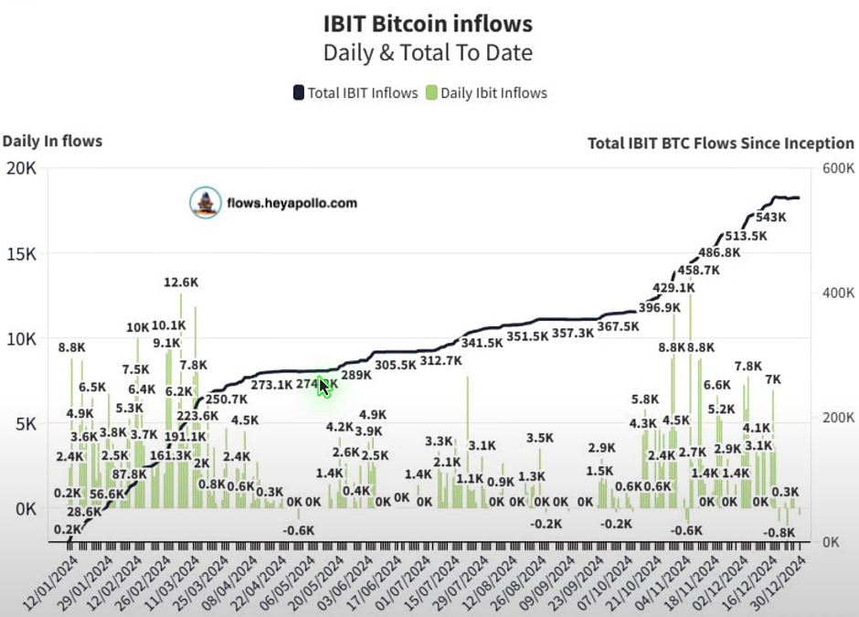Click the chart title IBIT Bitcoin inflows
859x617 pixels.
tap(428, 23)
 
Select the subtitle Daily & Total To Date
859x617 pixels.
tap(428, 52)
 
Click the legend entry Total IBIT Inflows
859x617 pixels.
tap(355, 92)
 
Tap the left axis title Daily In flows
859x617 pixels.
tap(52, 141)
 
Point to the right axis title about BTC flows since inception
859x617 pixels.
tap(720, 144)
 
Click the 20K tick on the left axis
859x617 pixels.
tap(20, 168)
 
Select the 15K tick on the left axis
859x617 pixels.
tap(20, 253)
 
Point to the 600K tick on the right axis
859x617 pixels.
tap(837, 169)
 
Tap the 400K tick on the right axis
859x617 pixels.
tap(837, 293)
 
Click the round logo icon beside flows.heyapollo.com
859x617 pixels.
tap(207, 203)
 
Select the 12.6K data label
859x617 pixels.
tap(180, 282)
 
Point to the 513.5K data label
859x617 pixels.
tap(746, 236)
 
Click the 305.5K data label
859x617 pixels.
tap(396, 365)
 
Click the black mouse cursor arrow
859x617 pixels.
tap(323, 386)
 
